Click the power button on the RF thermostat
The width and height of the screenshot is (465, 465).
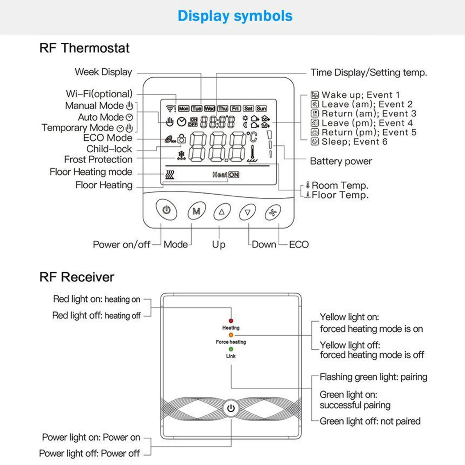point(167,209)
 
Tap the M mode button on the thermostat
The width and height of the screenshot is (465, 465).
point(196,211)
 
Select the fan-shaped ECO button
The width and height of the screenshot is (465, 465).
point(273,213)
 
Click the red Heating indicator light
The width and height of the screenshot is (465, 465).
point(231,321)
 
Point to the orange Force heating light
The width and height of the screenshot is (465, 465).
point(231,335)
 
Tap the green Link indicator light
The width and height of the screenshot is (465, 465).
point(231,349)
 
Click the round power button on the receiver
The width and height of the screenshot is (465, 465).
point(231,408)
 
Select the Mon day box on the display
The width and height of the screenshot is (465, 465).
point(184,108)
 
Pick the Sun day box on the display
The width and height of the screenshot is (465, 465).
point(261,108)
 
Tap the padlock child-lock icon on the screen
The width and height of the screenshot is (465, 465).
point(182,139)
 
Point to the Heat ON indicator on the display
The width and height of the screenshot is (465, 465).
point(226,175)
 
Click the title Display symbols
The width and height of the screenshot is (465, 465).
point(235,16)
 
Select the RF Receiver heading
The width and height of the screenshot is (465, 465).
point(77,277)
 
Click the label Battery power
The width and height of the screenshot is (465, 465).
point(341,161)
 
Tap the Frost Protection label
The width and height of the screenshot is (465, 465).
point(98,159)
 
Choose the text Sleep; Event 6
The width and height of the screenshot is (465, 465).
point(354,142)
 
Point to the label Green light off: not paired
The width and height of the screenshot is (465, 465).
point(370,421)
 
